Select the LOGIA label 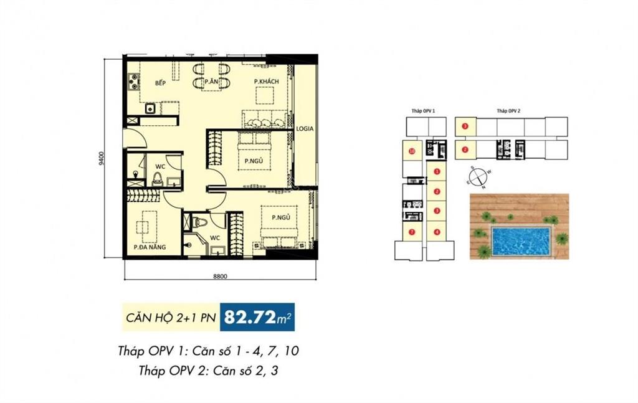tap(305, 129)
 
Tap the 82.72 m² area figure tap(261, 318)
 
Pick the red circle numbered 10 tap(412, 151)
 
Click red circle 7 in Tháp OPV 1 tap(412, 232)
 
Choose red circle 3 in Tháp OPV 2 tap(465, 127)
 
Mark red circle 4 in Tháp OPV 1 tap(437, 232)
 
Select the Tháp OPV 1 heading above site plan tap(423, 110)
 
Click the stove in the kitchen tap(133, 82)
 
